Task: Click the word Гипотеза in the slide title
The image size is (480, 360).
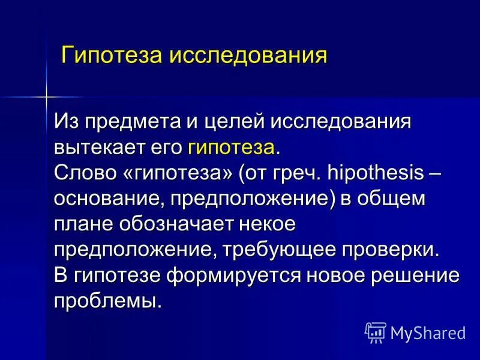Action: click(x=113, y=56)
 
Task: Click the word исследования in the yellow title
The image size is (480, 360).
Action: click(x=248, y=56)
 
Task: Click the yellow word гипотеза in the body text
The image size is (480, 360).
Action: click(x=232, y=148)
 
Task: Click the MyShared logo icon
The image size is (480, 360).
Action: click(x=375, y=331)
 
